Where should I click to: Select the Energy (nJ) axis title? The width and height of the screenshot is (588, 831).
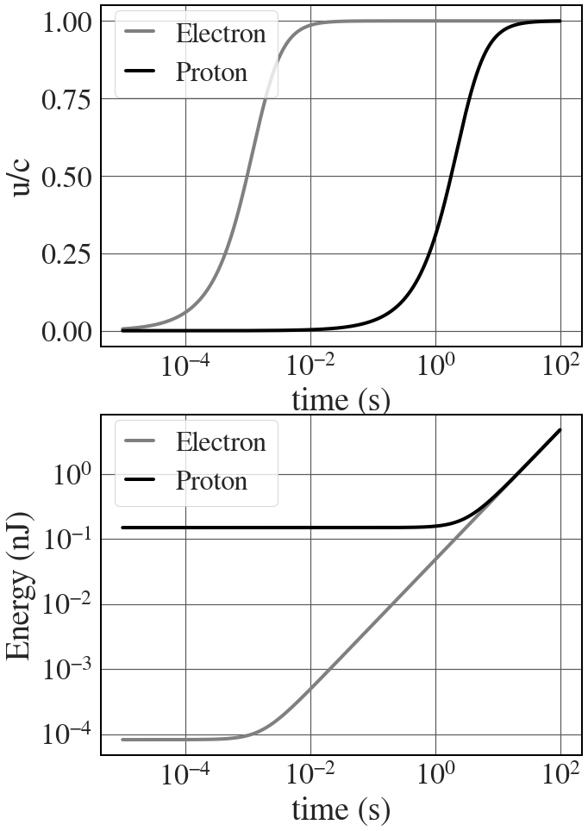pos(21,586)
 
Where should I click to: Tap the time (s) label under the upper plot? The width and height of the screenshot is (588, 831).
pos(341,400)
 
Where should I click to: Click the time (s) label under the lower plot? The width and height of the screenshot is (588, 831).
pos(341,809)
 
